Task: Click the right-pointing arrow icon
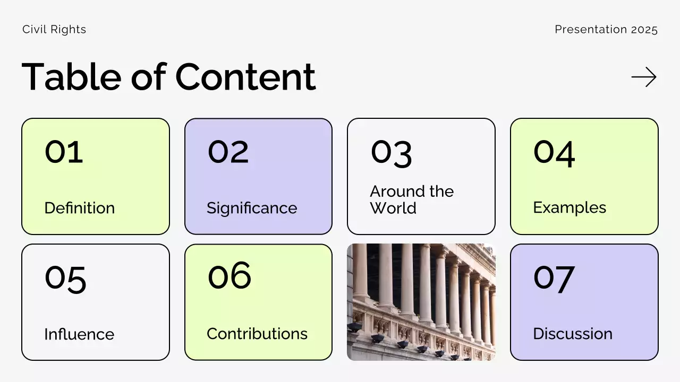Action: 644,77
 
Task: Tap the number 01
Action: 64,151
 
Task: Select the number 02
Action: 228,151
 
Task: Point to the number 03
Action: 391,153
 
